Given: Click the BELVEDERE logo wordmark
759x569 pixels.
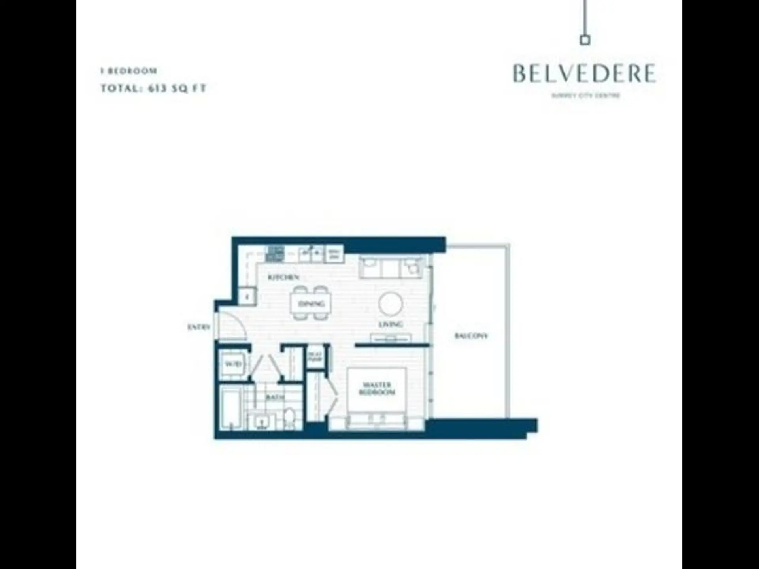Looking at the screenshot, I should [x=584, y=73].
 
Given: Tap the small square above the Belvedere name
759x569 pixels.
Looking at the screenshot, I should [x=585, y=40].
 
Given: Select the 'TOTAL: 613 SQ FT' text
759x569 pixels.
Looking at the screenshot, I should [x=153, y=88].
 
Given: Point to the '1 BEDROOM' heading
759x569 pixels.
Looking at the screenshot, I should [x=129, y=71].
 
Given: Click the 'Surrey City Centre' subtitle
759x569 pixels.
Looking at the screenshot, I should [x=585, y=96].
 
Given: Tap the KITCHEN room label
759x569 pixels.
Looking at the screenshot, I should [x=283, y=277].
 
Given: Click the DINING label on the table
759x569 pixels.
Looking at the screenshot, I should [x=312, y=304].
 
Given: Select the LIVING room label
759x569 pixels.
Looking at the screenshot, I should [x=391, y=324].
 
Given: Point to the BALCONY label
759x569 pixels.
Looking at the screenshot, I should [x=471, y=336].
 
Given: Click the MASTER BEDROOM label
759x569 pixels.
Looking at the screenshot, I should [x=377, y=388].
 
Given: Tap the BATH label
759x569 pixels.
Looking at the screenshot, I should [x=275, y=397].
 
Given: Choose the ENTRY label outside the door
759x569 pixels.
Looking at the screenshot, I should [x=198, y=327].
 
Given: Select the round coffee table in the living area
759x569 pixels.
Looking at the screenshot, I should [x=391, y=304].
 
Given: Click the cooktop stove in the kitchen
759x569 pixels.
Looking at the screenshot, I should [x=275, y=254].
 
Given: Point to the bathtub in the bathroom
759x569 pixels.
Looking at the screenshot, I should [x=230, y=409].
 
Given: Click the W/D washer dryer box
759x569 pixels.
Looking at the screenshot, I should [x=233, y=364].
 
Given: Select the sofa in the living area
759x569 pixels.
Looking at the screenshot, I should [x=391, y=267].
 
